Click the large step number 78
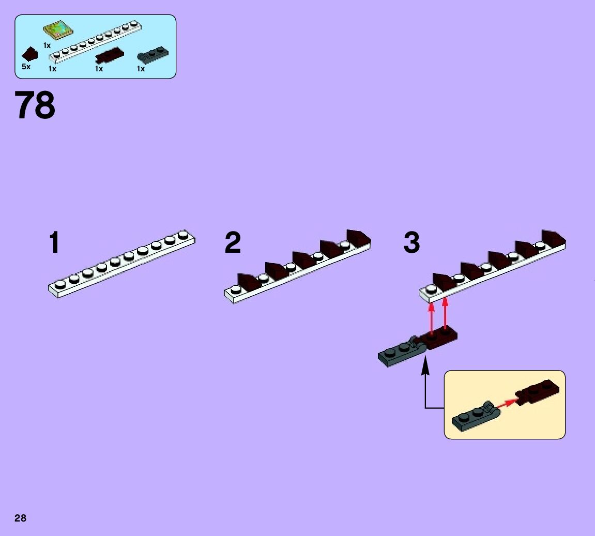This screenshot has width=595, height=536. (x=35, y=105)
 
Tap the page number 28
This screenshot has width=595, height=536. (x=20, y=518)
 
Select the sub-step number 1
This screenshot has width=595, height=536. (x=54, y=242)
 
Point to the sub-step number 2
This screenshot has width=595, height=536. (x=233, y=242)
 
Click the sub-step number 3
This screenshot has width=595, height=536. (x=411, y=242)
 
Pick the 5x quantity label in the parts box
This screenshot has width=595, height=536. (x=26, y=67)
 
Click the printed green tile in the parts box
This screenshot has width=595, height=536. (x=57, y=30)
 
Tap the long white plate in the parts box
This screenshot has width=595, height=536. (x=96, y=41)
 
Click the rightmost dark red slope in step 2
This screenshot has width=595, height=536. (x=358, y=238)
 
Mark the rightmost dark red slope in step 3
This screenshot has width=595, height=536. (x=553, y=238)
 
